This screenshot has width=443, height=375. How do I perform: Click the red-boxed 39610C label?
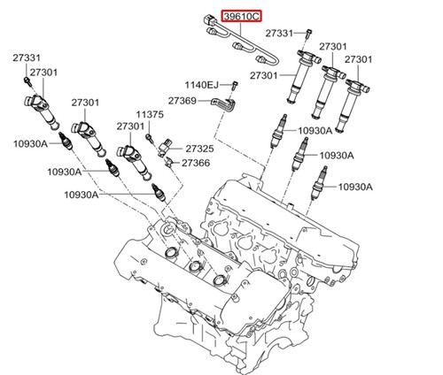pos(242,16)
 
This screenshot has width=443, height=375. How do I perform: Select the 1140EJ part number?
pos(202,85)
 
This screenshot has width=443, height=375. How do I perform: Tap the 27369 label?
pos(183,101)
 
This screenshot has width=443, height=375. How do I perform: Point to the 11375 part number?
pos(150,114)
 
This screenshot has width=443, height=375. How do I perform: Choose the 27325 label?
pos(199,149)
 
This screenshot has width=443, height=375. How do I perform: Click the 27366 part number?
pos(196,163)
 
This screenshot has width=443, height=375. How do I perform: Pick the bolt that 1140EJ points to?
pos(236,86)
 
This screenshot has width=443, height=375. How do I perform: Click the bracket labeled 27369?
pos(224,105)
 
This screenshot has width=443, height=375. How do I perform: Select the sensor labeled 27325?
pos(166,147)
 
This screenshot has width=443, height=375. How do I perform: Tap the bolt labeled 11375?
pos(150,138)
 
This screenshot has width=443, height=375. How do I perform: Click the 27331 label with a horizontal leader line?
pos(279,34)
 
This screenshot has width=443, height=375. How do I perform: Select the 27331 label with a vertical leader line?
pos(27,57)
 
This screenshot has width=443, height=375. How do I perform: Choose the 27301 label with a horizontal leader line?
pos(264,76)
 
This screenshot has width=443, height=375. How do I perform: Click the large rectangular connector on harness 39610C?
pos(209,19)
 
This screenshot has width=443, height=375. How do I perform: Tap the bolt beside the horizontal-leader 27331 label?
pos(308,34)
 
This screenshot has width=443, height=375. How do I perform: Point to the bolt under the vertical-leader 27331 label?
pos(27,80)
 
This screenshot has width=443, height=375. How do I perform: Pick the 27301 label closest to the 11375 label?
pos(130,126)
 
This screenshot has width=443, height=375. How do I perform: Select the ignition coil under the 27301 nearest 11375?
pos(135,162)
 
